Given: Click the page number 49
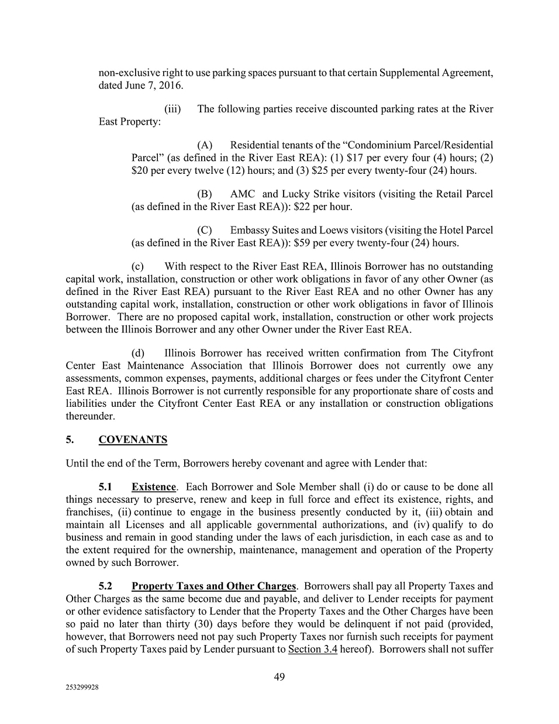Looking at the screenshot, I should (279, 677).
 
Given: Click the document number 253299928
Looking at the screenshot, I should (82, 689).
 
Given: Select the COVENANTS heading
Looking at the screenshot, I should (133, 440).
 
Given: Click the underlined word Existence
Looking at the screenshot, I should (153, 487).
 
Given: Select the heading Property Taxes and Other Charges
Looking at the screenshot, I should (213, 586).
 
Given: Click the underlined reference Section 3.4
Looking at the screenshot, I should (312, 649).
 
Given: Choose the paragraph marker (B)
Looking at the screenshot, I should (205, 194).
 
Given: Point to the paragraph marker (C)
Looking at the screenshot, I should (205, 231).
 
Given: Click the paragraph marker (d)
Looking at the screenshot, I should (139, 354).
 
